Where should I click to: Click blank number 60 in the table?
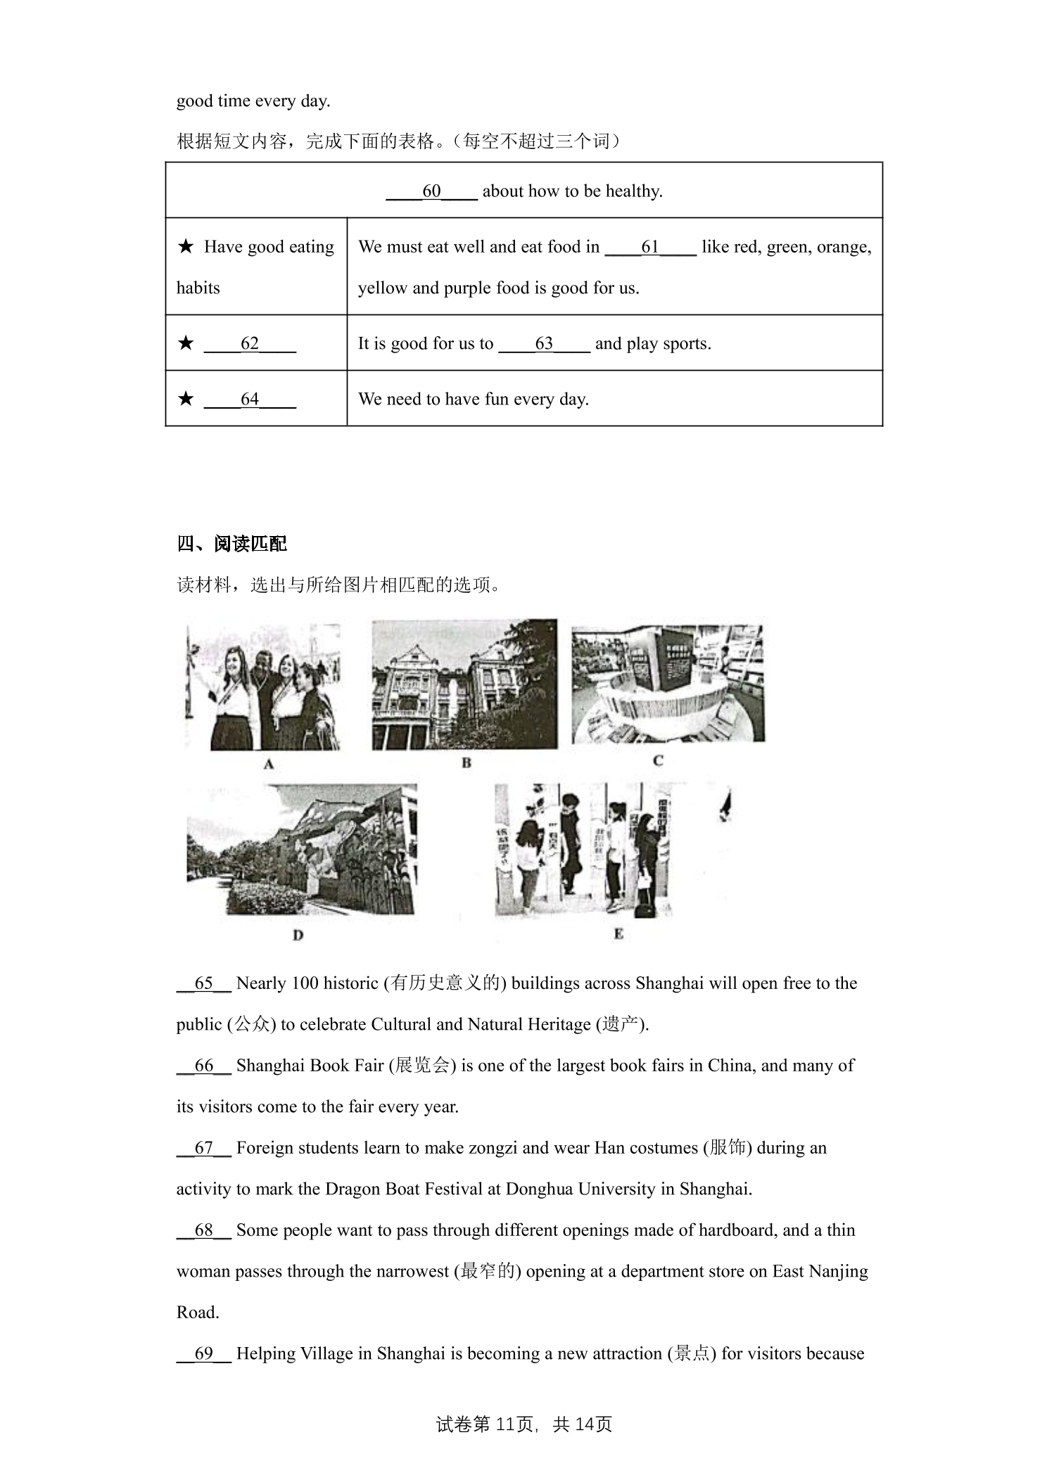click(x=431, y=191)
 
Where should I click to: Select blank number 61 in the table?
click(x=650, y=247)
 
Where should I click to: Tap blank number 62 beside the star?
click(x=250, y=343)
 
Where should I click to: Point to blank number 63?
click(x=544, y=343)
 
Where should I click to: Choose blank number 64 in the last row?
click(x=250, y=399)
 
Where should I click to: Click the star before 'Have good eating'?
click(x=186, y=246)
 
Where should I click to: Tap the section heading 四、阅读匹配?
click(x=232, y=544)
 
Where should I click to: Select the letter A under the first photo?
click(x=269, y=764)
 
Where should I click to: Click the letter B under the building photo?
click(x=466, y=763)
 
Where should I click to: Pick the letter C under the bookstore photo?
click(x=659, y=760)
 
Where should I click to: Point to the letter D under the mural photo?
click(x=298, y=935)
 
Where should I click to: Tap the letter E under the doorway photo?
click(x=618, y=933)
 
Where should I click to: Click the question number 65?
click(x=203, y=983)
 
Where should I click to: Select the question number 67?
click(x=203, y=1148)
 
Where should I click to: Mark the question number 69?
click(x=203, y=1354)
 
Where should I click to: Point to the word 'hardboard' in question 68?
click(x=728, y=1230)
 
